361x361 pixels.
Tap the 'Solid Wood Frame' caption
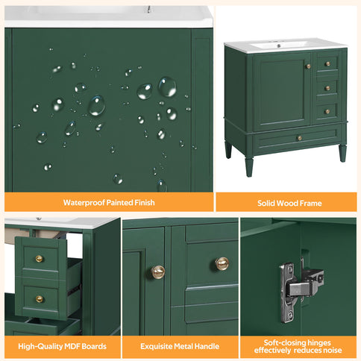pyautogui.click(x=286, y=202)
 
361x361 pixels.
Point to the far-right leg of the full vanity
pyautogui.click(x=342, y=152)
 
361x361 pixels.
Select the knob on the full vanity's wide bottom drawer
pyautogui.click(x=300, y=138)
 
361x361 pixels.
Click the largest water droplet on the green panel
pyautogui.click(x=167, y=87)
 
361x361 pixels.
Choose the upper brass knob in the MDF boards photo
pyautogui.click(x=40, y=259)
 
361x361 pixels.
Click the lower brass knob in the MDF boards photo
pyautogui.click(x=40, y=298)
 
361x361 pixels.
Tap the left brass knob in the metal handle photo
pyautogui.click(x=158, y=271)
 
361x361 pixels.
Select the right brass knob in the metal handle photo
pyautogui.click(x=222, y=263)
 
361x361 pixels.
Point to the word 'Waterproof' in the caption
pyautogui.click(x=84, y=202)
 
